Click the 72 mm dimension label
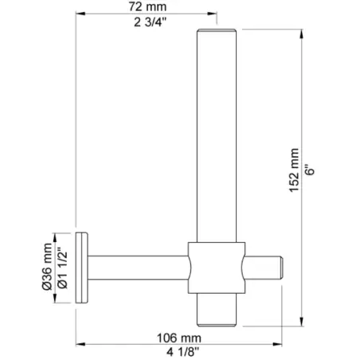(x=146, y=6)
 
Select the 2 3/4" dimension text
(x=146, y=21)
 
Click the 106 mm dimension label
(x=179, y=336)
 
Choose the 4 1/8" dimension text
(x=179, y=350)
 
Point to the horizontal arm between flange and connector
(x=139, y=266)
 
